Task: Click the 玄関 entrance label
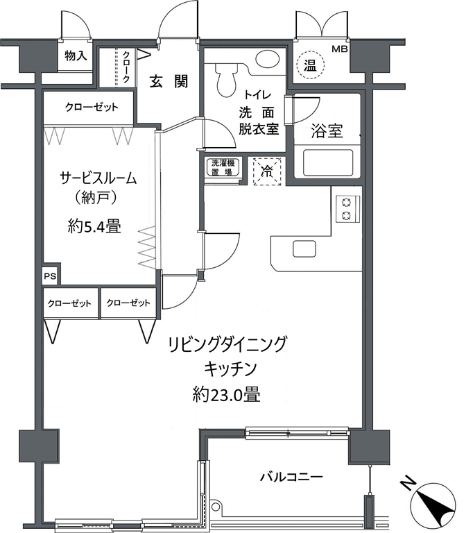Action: click(x=169, y=82)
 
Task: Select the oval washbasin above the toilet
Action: click(x=268, y=59)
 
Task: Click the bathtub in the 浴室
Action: click(x=327, y=162)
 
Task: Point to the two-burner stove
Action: click(x=347, y=209)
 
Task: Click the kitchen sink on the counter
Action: click(x=304, y=248)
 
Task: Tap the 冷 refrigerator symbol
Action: click(x=267, y=171)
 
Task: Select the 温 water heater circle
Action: click(x=310, y=65)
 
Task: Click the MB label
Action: click(x=340, y=49)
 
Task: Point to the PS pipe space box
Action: click(x=51, y=276)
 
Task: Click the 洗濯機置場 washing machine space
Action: click(x=223, y=167)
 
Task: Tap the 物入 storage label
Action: click(x=76, y=56)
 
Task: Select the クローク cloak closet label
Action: click(x=126, y=67)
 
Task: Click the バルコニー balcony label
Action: click(x=291, y=477)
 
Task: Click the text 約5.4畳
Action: click(x=94, y=226)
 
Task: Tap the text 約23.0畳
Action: click(x=226, y=394)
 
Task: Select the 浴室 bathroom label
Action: click(x=327, y=131)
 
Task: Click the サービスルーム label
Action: click(x=98, y=178)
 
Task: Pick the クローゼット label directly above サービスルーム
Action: click(x=92, y=108)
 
